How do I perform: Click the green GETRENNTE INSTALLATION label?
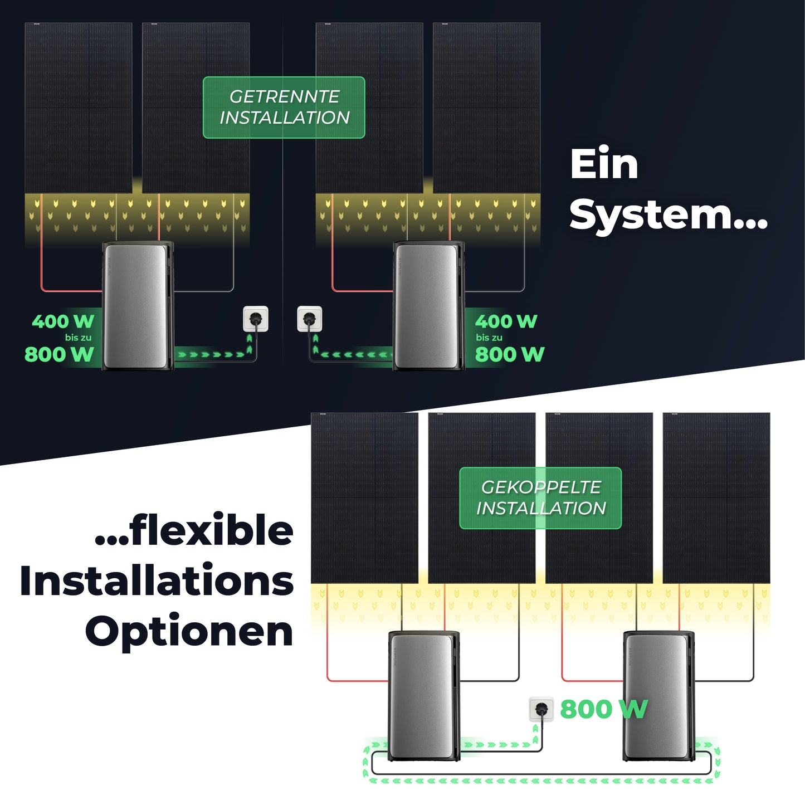pos(284,108)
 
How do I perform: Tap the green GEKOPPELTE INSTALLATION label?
pos(540,498)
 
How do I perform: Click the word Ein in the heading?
pos(604,164)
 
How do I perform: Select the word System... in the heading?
pos(668,215)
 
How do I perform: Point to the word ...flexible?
pos(194,530)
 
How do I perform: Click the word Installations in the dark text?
pos(157,580)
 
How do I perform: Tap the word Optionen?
pos(189,631)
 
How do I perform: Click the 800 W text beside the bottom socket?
pos(603,709)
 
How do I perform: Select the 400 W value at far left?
pos(63,321)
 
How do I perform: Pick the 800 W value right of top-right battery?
pos(509,354)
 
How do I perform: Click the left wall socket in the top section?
pos(256,319)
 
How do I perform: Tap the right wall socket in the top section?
pos(310,319)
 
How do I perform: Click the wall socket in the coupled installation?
pos(541,709)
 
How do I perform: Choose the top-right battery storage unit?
pos(428,306)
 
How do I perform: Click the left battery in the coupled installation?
pos(423,696)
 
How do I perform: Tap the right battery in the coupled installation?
pos(658,696)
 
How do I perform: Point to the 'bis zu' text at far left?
pos(78,338)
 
